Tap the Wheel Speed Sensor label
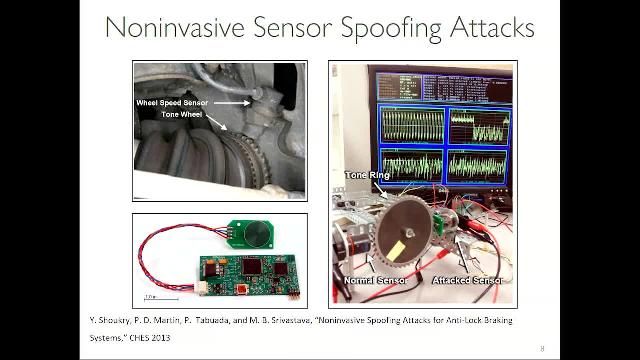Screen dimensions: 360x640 [x=172, y=102]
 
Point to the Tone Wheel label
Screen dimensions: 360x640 [x=184, y=115]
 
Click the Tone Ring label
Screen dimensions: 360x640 [x=368, y=175]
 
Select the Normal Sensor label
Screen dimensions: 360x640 [x=372, y=282]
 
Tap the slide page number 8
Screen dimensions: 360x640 [x=542, y=348]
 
